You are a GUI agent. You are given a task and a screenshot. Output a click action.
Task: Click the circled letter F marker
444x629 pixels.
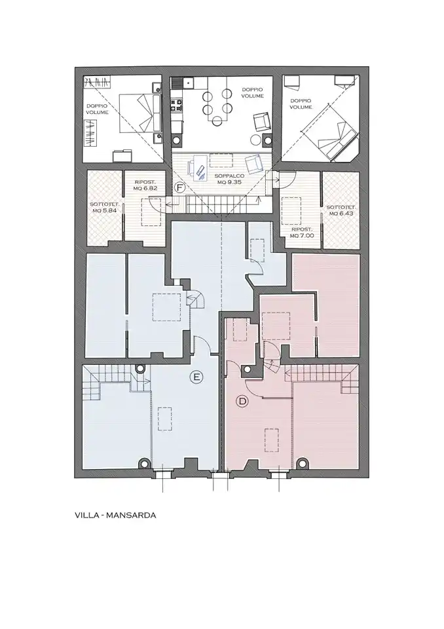coord(180,187)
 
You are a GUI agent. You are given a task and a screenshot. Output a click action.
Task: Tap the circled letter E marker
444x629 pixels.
coord(196,377)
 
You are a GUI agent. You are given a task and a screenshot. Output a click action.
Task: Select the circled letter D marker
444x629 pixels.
coord(242,401)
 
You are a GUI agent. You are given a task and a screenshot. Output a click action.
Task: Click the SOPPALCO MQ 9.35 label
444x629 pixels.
coord(227,179)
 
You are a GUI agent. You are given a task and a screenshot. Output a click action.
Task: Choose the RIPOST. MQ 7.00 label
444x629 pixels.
coord(302,232)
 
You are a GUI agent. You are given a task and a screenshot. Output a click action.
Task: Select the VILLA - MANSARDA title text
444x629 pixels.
coord(115,515)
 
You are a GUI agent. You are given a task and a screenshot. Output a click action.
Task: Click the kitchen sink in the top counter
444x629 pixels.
coord(187,83)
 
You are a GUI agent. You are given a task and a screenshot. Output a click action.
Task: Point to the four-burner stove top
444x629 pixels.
coord(177,105)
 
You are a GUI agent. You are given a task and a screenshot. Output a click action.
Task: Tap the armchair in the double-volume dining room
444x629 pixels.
coord(261,122)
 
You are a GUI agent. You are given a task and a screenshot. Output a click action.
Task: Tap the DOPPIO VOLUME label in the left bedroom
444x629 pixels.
coord(97,109)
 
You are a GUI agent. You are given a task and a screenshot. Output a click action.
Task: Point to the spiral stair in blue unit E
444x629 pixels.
coord(196,299)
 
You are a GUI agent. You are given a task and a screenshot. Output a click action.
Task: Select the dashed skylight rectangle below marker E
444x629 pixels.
coord(165,419)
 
